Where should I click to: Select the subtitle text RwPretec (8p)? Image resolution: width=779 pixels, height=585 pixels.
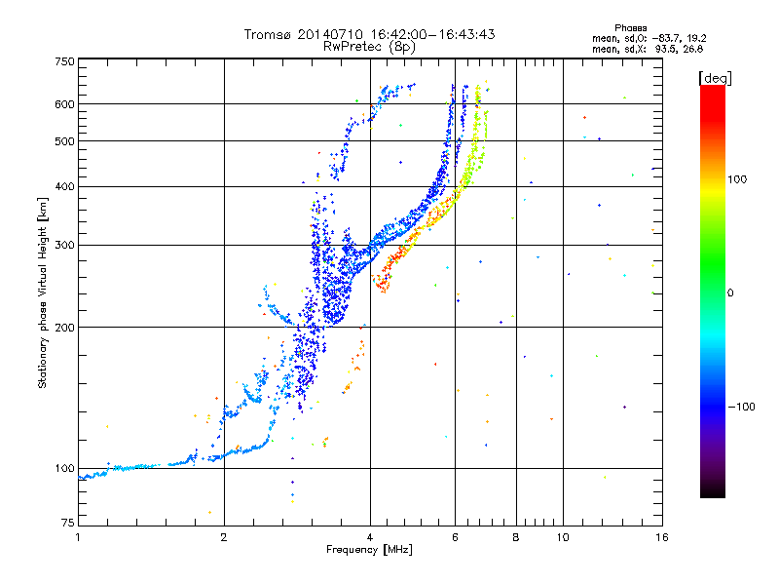369,47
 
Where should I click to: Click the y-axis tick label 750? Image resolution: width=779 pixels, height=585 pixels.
65,61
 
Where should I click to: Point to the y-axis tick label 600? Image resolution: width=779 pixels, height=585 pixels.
65,104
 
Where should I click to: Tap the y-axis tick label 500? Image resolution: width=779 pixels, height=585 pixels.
65,141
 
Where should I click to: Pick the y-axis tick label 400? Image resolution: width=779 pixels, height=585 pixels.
65,186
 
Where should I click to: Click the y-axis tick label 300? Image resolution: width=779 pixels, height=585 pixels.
65,245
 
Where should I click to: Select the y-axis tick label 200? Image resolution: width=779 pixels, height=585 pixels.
65,328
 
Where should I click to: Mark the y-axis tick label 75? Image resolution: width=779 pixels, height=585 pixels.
68,523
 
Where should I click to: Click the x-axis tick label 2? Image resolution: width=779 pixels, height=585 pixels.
224,537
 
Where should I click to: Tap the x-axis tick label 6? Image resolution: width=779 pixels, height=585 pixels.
455,537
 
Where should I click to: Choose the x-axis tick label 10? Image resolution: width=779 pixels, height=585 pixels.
563,537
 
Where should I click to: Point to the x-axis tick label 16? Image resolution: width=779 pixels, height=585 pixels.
662,537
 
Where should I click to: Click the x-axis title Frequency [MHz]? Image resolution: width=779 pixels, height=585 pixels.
369,550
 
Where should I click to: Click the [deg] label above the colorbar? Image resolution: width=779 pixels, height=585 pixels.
715,78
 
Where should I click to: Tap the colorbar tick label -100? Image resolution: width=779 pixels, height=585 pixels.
742,407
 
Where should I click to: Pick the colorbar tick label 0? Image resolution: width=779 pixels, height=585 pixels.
730,293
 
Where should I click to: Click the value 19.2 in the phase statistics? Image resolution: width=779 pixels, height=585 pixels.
696,38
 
